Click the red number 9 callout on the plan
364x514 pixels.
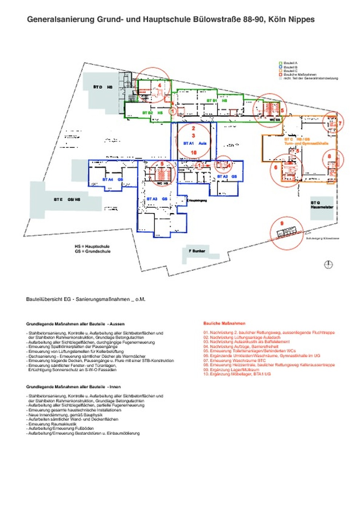pyautogui.click(x=282, y=223)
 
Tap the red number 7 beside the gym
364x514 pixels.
pyautogui.click(x=340, y=124)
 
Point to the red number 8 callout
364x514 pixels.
pyautogui.click(x=329, y=157)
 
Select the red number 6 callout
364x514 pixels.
pyautogui.click(x=276, y=167)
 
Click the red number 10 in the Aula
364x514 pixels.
pyautogui.click(x=193, y=153)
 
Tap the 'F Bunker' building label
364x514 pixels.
pyautogui.click(x=197, y=251)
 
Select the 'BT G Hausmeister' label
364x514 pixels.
pyautogui.click(x=322, y=205)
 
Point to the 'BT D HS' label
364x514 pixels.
pyautogui.click(x=103, y=87)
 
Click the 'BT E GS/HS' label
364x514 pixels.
pyautogui.click(x=67, y=199)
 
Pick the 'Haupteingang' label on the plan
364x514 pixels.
pyautogui.click(x=198, y=201)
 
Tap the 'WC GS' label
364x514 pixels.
pyautogui.click(x=275, y=120)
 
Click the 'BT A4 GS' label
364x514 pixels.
pyautogui.click(x=112, y=180)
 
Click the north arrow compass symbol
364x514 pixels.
pyautogui.click(x=328, y=264)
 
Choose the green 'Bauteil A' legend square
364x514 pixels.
pyautogui.click(x=281, y=63)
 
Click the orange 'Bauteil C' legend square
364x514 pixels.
pyautogui.click(x=281, y=71)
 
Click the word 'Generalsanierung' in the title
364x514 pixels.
pyautogui.click(x=60, y=20)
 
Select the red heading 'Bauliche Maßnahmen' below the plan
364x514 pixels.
pyautogui.click(x=224, y=323)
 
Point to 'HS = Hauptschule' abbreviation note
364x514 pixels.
pyautogui.click(x=92, y=246)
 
